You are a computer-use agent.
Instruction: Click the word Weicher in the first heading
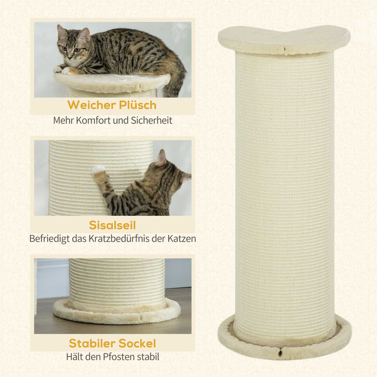pyautogui.click(x=90, y=105)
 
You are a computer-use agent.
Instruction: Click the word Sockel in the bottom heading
pyautogui.click(x=137, y=343)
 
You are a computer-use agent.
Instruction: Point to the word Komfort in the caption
pyautogui.click(x=97, y=120)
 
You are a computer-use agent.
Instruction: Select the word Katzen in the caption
pyautogui.click(x=182, y=239)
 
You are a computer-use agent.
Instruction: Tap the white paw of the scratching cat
pyautogui.click(x=98, y=170)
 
